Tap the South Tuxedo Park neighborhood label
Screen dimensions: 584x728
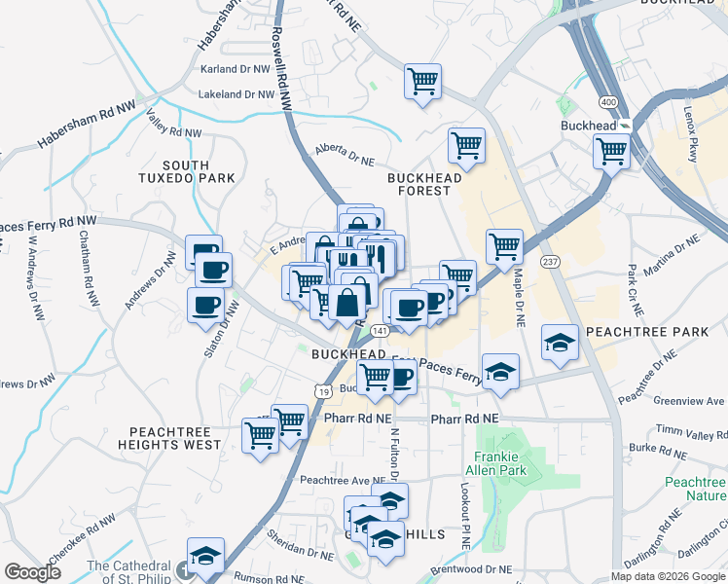point(199,171)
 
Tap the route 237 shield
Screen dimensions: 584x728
point(550,262)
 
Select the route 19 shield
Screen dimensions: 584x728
point(321,389)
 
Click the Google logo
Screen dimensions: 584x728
point(32,572)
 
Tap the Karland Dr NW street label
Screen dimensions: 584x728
point(234,69)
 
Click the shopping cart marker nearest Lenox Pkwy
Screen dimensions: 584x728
point(612,151)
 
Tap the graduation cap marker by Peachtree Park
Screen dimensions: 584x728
point(561,342)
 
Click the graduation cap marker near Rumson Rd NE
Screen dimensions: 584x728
point(205,556)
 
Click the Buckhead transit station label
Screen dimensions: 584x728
point(590,127)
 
